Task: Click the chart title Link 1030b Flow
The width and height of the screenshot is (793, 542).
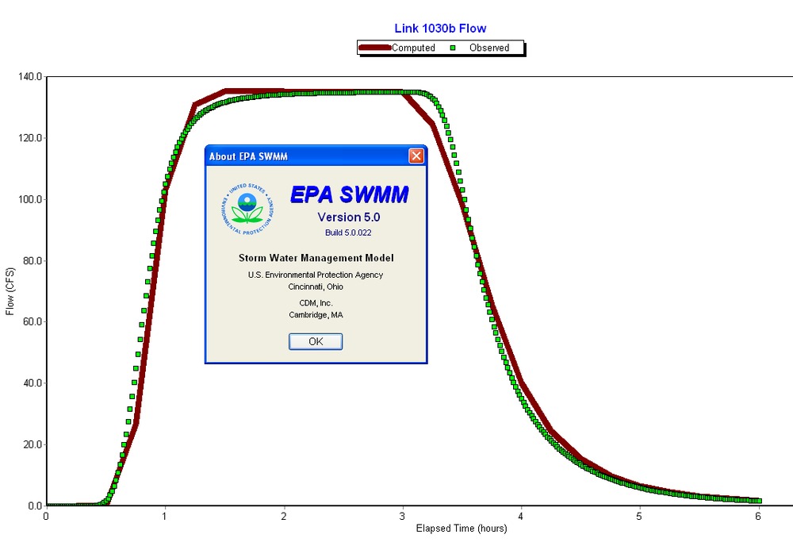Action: (x=440, y=29)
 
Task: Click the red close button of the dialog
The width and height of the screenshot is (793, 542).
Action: (x=416, y=156)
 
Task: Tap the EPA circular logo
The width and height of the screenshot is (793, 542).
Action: (x=247, y=208)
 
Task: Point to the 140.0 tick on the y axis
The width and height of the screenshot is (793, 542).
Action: (x=29, y=77)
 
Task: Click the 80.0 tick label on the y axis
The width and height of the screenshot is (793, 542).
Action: (x=29, y=261)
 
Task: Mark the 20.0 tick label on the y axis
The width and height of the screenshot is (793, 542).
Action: (x=29, y=444)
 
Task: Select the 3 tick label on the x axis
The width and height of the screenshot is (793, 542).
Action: (x=402, y=517)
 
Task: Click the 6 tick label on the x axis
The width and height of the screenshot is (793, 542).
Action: (x=758, y=517)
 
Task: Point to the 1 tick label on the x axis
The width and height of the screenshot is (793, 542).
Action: (x=165, y=517)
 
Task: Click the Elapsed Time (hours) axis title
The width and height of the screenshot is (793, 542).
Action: (x=462, y=529)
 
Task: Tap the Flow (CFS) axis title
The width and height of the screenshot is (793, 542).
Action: (x=10, y=290)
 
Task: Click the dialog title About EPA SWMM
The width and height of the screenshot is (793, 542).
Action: (x=248, y=156)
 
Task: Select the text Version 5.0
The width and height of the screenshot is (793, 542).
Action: (x=349, y=217)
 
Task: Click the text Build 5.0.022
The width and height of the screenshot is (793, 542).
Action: (x=348, y=233)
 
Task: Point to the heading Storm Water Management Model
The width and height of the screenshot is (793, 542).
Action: (x=316, y=258)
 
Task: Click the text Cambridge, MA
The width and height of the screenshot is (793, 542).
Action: (x=316, y=315)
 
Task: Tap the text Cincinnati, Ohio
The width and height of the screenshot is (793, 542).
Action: (x=316, y=286)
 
